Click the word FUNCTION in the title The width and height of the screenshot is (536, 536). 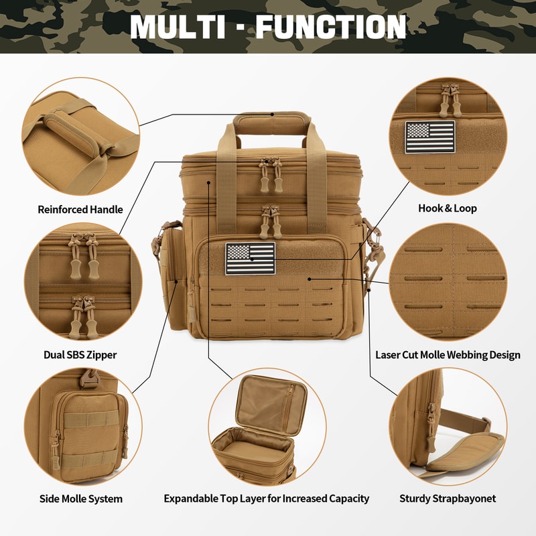pos(331,26)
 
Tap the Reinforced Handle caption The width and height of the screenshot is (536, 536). pos(80,210)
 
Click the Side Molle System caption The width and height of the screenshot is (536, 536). pos(80,498)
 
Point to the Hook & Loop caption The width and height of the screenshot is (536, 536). pos(448,208)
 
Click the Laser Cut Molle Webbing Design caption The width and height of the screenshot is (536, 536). pos(448,355)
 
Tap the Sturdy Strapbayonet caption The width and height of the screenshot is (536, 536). pos(448,498)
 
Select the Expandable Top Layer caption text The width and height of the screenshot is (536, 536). pos(267,498)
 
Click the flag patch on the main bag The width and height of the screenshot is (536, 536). pos(250,259)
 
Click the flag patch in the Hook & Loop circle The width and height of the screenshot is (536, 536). pos(429,137)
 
